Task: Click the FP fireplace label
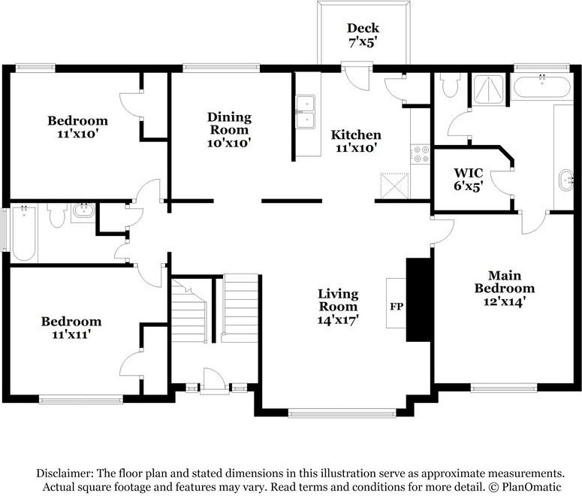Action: pyautogui.click(x=396, y=307)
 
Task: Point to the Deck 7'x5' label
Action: pyautogui.click(x=363, y=35)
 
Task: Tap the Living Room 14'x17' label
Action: pyautogui.click(x=337, y=306)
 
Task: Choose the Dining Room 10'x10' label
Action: pyautogui.click(x=229, y=129)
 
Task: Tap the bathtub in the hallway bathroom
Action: pyautogui.click(x=23, y=233)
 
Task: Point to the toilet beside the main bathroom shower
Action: pyautogui.click(x=451, y=86)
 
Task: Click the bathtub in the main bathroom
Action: pyautogui.click(x=542, y=86)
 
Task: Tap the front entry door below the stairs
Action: pyautogui.click(x=215, y=384)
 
